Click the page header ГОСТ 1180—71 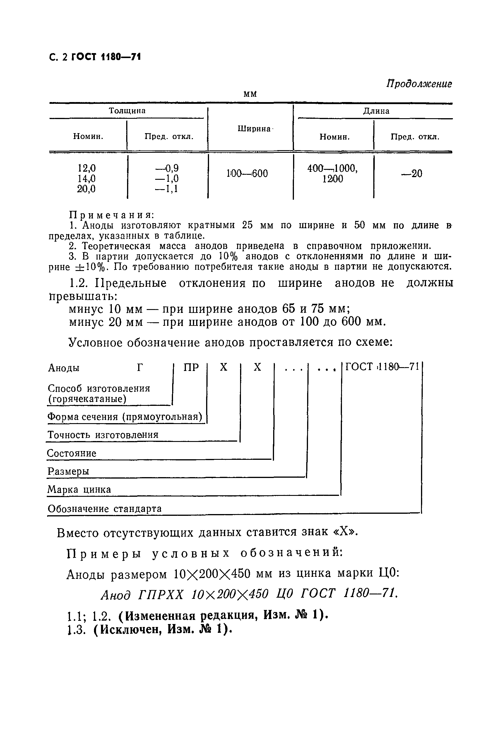[106, 57]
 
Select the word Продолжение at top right [419, 84]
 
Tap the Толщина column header [127, 111]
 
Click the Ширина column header [254, 129]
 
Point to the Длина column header [376, 111]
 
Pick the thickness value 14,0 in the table [87, 179]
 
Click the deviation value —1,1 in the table [167, 189]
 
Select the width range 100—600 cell [247, 173]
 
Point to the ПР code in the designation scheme [191, 367]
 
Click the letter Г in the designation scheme [140, 368]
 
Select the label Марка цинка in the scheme [79, 489]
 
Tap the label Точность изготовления [103, 435]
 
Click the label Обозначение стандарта [105, 509]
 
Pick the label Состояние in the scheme [72, 453]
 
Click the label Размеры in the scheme [69, 472]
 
